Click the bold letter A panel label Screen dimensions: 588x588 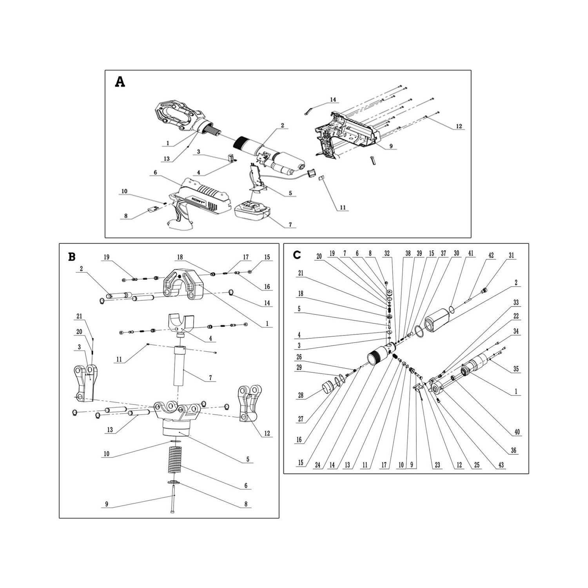click(x=120, y=82)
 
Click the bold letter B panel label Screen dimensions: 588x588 click(x=72, y=257)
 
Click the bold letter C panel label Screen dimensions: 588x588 click(x=297, y=255)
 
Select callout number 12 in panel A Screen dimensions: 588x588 click(x=459, y=127)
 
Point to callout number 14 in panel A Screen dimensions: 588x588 click(x=333, y=100)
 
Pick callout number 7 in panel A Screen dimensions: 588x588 click(x=290, y=225)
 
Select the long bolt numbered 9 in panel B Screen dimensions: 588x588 click(x=173, y=500)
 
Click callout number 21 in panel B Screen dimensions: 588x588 click(x=79, y=316)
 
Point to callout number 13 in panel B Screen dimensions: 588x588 click(x=110, y=430)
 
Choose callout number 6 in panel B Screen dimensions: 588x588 click(x=246, y=486)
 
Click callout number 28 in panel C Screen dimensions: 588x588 click(x=301, y=396)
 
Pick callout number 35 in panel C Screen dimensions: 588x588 click(x=516, y=369)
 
